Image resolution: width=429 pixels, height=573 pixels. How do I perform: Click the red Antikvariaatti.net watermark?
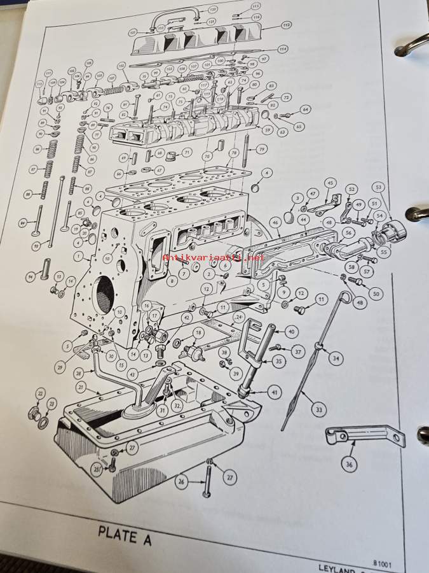(214, 257)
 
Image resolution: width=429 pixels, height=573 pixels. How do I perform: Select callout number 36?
(348, 464)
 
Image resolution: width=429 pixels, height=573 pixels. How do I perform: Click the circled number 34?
(335, 358)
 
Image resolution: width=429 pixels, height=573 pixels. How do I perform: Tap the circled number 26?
(182, 482)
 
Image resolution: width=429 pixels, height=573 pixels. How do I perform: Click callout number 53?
(379, 187)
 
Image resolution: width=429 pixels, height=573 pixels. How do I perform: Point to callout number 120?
(212, 10)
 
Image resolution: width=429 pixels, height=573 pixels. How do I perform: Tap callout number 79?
(261, 149)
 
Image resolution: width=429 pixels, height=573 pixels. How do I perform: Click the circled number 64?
(305, 110)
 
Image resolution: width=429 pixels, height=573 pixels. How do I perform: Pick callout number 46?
(275, 222)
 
